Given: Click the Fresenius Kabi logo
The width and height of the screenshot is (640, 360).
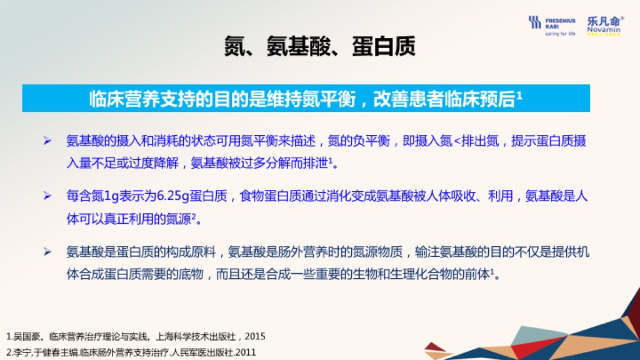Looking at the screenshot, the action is pos(551,26).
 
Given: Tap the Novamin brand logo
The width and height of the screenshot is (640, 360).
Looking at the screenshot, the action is pos(605,26).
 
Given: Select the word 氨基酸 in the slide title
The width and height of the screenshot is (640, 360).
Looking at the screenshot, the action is pos(298,46).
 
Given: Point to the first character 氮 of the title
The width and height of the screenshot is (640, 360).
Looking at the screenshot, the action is pos(235,46).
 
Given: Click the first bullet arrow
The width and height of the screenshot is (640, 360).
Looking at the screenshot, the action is pos(47,141).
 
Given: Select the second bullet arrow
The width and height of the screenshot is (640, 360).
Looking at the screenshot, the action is pos(47,196).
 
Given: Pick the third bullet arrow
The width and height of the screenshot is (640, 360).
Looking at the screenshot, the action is pos(47,252).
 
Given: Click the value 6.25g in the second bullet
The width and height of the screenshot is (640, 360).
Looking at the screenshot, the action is pos(172,196).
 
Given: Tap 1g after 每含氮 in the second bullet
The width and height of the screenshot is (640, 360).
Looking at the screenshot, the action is pos(112,196).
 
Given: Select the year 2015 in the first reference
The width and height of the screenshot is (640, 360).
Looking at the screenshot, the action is pos(255,336).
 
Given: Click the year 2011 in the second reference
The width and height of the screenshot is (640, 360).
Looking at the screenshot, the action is pos(246,352).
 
